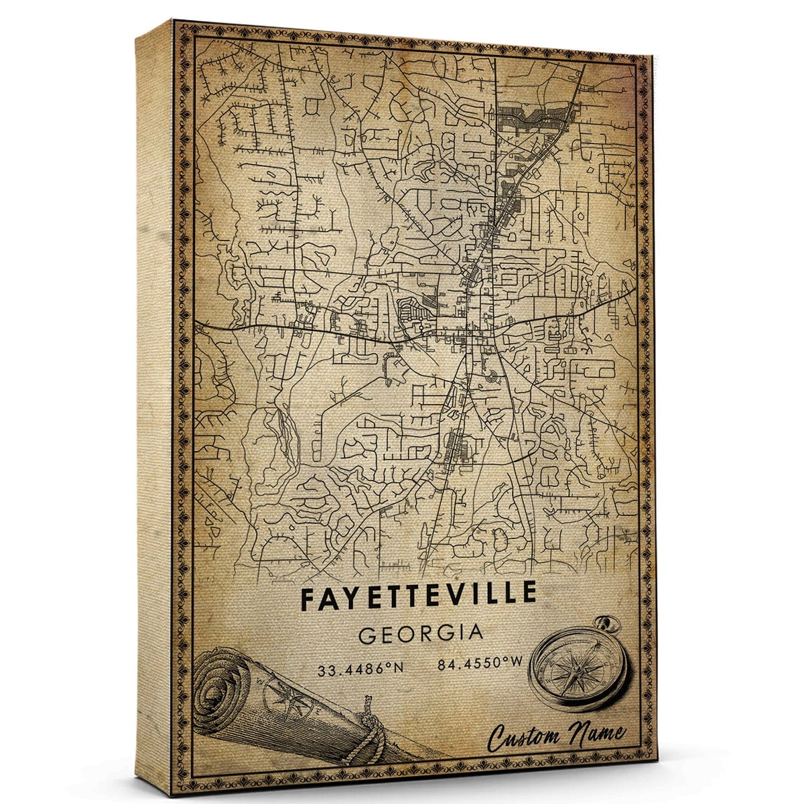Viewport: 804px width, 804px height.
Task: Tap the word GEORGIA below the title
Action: click(420, 634)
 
